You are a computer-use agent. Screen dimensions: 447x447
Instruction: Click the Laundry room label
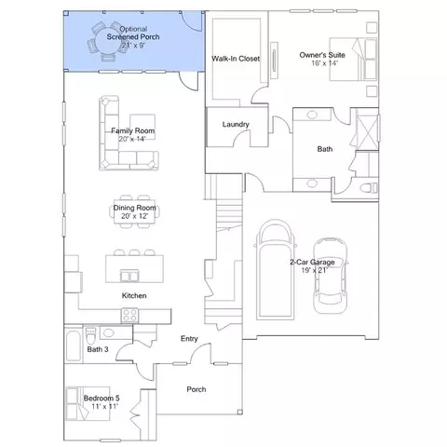click(236, 125)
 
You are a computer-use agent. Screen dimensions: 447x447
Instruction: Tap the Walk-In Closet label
click(236, 59)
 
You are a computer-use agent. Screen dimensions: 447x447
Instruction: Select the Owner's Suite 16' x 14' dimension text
click(324, 63)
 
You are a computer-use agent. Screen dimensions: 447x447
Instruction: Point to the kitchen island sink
click(129, 276)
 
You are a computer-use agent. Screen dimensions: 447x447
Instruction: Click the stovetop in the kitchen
click(129, 315)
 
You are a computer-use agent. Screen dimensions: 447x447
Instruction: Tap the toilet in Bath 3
click(90, 334)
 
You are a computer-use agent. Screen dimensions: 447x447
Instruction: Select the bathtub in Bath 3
click(74, 345)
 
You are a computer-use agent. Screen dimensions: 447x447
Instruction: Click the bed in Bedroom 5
click(88, 403)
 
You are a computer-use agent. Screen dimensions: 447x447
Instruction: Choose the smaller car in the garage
click(330, 276)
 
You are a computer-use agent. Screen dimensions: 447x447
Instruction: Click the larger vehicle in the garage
click(276, 270)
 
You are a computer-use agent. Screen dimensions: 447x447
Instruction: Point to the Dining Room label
click(134, 208)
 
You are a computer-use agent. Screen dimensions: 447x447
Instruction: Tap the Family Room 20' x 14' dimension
click(132, 139)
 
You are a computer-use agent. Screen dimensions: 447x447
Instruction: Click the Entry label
click(189, 339)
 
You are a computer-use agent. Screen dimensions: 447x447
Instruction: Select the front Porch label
click(196, 389)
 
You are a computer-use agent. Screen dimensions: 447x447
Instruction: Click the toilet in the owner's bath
click(369, 188)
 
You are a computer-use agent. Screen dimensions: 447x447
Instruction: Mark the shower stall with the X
click(368, 132)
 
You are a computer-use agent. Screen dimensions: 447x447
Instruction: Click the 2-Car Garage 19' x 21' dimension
click(315, 270)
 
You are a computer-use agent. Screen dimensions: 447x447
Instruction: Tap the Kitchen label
click(134, 295)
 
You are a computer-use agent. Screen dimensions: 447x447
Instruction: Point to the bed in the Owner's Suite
click(353, 60)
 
